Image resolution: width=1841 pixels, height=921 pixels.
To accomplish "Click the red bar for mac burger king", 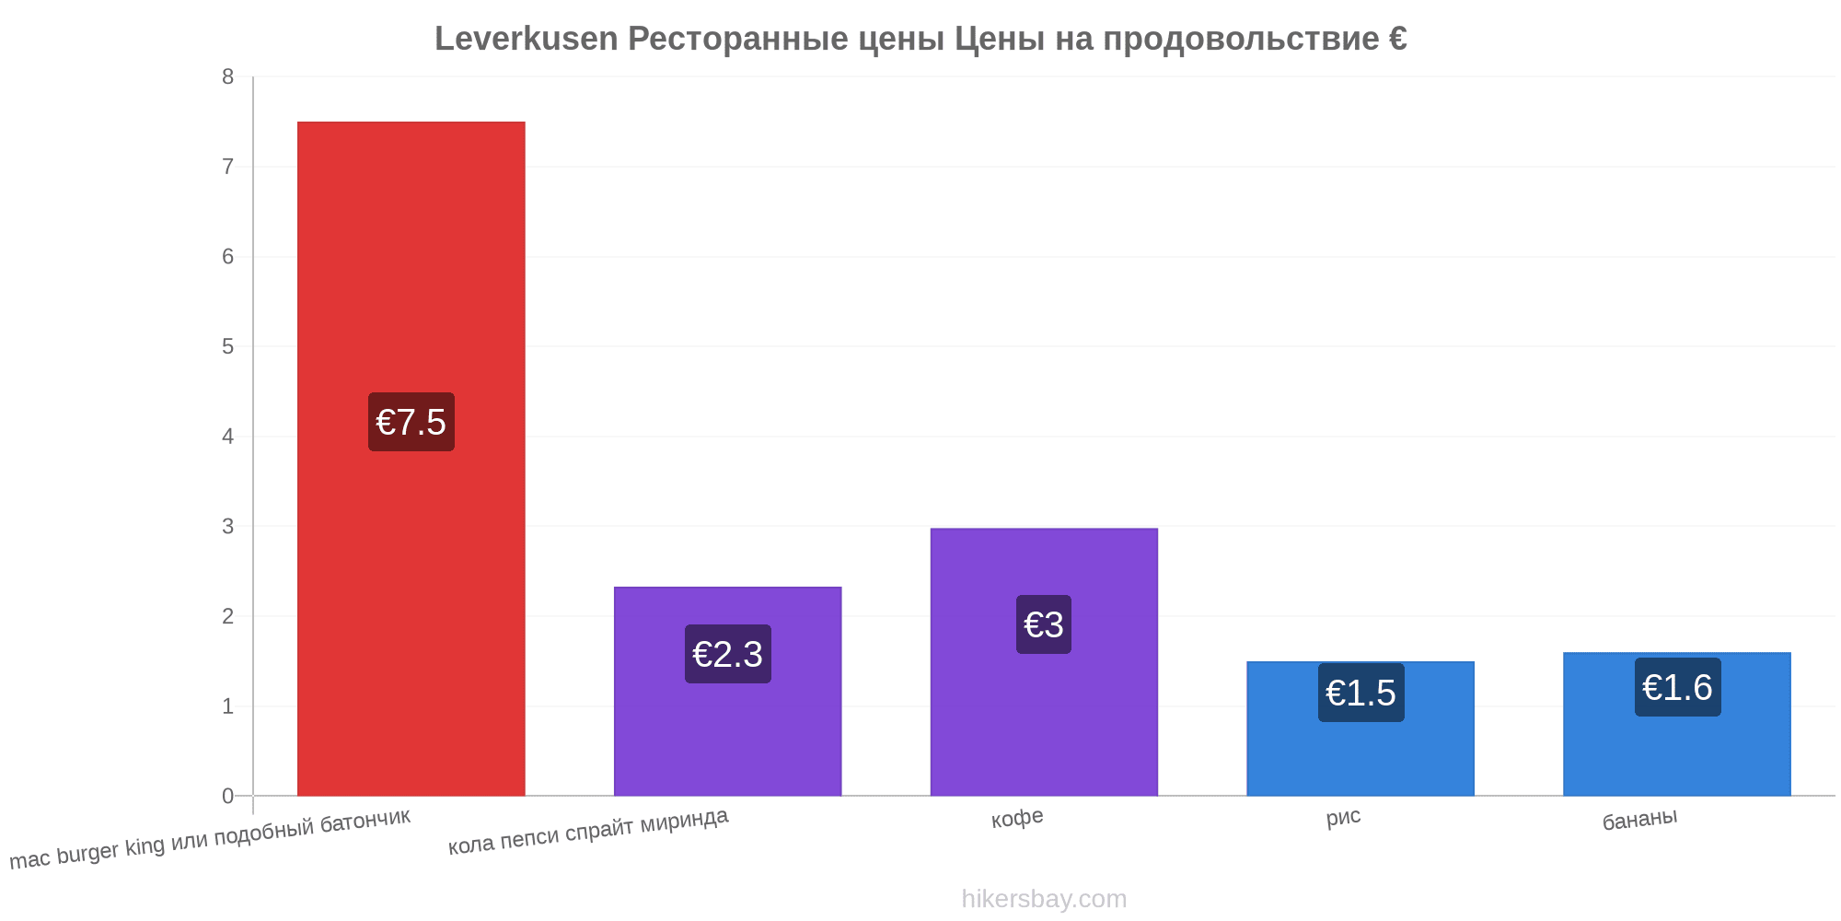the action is [411, 459].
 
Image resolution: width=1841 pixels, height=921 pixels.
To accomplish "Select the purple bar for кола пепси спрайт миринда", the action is [727, 692].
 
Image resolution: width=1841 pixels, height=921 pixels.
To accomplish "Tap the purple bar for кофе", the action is [1044, 662].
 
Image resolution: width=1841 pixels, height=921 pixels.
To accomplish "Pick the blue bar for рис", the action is [1360, 729].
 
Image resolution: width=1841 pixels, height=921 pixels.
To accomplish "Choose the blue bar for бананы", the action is [1677, 724].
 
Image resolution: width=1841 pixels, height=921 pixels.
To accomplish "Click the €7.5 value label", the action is [411, 422].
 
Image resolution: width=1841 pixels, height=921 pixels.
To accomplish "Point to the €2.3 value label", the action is [728, 654].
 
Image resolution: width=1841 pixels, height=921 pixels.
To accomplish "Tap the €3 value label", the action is [1044, 624].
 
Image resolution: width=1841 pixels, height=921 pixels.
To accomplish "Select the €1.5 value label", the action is [1361, 693].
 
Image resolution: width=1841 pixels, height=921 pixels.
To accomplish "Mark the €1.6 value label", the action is [1678, 687].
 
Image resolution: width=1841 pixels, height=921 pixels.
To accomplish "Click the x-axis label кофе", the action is [1017, 818].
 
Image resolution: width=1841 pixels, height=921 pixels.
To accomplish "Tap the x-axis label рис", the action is [1344, 817].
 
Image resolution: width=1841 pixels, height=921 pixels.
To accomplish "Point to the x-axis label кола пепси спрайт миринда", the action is [588, 832].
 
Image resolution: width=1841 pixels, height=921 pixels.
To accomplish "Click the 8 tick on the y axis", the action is [228, 77].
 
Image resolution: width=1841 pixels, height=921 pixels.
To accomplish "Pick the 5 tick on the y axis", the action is [228, 347].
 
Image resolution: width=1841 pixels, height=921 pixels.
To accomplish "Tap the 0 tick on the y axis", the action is [228, 797].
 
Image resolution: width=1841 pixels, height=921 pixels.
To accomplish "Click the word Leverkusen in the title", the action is [527, 39].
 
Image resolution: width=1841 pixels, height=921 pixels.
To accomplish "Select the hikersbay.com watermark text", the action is [1044, 898].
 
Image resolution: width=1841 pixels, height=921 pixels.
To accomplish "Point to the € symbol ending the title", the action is [1397, 39].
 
